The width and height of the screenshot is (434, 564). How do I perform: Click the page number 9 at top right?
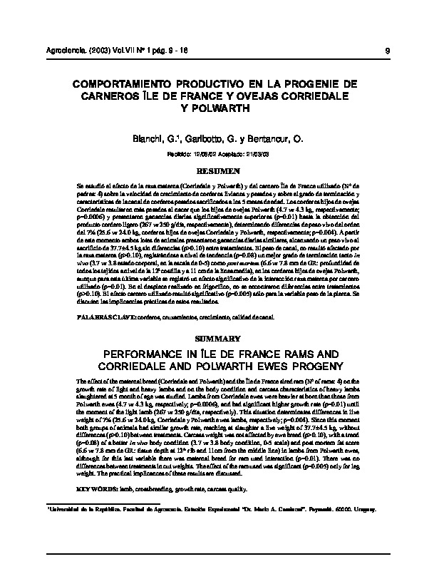[386, 51]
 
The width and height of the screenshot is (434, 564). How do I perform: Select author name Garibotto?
[202, 138]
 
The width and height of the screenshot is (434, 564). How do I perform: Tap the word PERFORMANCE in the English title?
[142, 354]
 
